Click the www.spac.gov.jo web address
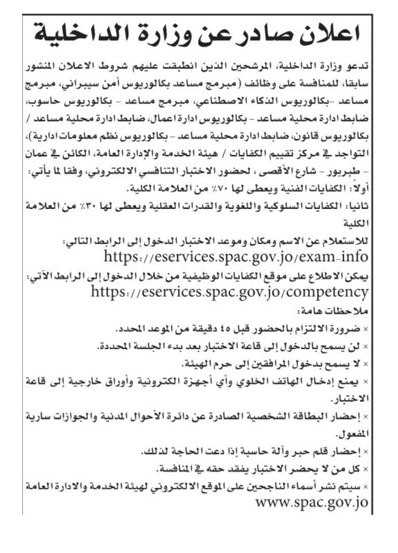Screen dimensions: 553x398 [312, 503]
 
